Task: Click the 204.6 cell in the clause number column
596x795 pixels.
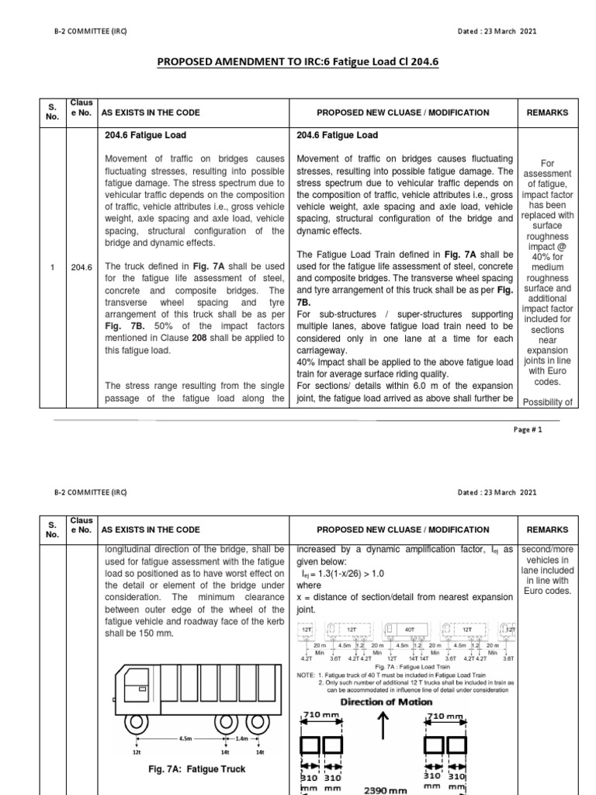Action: (x=81, y=267)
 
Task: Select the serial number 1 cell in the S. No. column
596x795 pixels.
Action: (x=52, y=267)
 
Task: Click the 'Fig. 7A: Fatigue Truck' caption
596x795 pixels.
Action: (x=196, y=769)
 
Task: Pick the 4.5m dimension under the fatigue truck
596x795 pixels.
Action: (x=184, y=738)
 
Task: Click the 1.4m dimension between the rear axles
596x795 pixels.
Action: (x=242, y=738)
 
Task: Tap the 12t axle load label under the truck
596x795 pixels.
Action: (x=137, y=752)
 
